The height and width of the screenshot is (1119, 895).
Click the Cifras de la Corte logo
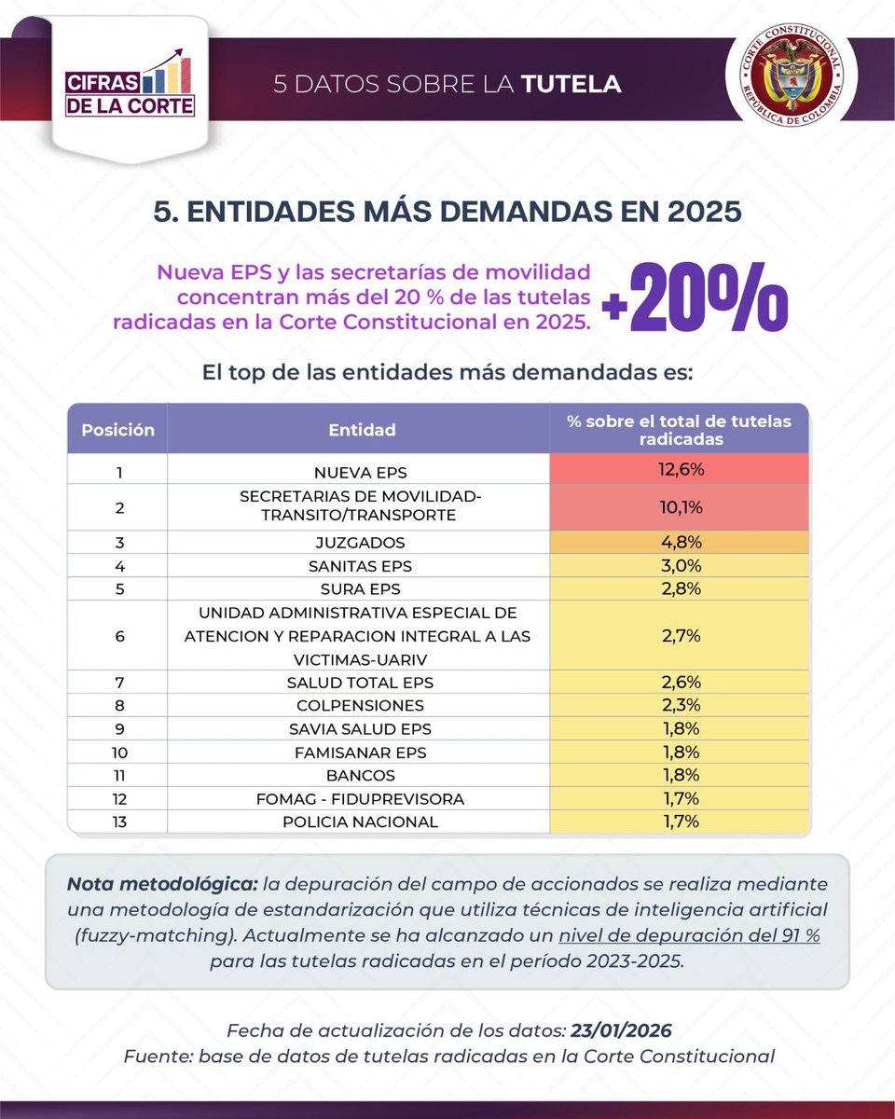click(x=131, y=89)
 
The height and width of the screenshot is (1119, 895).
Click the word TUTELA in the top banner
click(x=571, y=84)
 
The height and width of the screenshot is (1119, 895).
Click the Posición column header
click(x=117, y=430)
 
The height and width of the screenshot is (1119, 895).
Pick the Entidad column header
click(x=362, y=430)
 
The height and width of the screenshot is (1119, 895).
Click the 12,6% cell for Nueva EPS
click(x=680, y=469)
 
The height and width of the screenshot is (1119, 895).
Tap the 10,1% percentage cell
click(x=680, y=507)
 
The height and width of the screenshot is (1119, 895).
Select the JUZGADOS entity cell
click(x=362, y=542)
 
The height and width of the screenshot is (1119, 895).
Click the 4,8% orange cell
click(x=680, y=542)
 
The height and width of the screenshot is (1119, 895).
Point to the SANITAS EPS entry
click(x=362, y=566)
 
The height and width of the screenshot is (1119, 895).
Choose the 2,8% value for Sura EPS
click(x=680, y=589)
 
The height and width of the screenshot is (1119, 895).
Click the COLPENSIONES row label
click(x=362, y=705)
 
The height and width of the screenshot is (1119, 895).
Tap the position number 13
click(x=118, y=822)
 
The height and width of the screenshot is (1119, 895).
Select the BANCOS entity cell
click(x=362, y=775)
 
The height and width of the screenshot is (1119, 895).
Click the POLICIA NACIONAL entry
click(x=362, y=822)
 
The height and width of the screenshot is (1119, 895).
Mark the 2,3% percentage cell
click(x=680, y=705)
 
